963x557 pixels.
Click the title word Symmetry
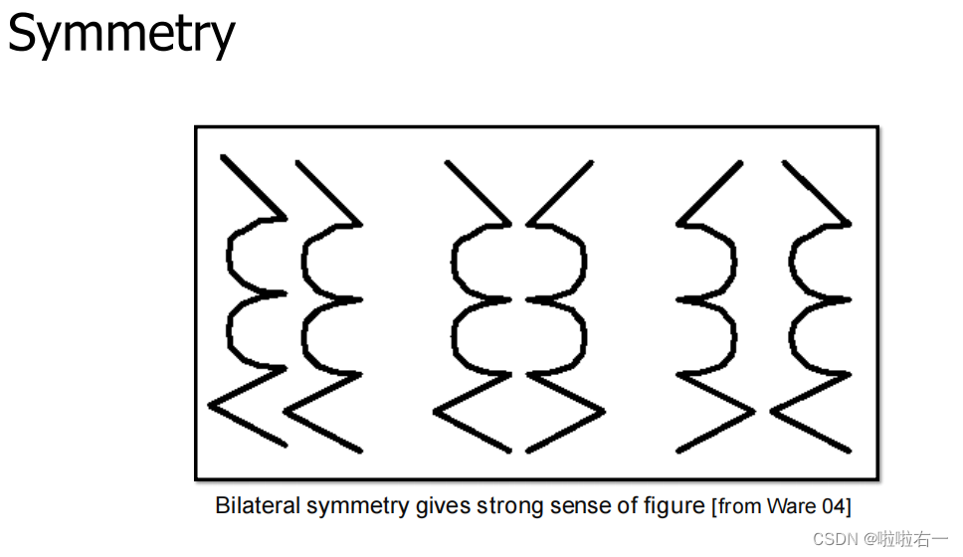121,34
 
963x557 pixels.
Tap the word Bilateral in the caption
258,505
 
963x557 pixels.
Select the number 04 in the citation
833,506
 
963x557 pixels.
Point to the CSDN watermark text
836,538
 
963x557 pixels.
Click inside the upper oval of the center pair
519,263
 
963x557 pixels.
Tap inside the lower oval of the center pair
519,336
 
